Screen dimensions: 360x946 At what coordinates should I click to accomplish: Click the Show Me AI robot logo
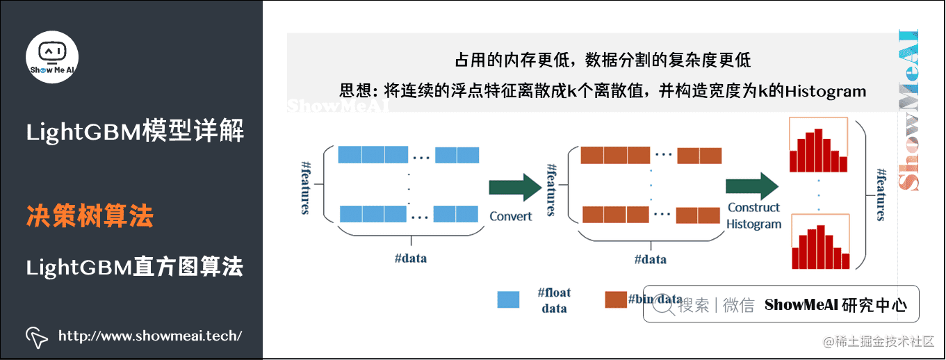(53, 55)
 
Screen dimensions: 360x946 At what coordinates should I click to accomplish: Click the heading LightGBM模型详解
(135, 131)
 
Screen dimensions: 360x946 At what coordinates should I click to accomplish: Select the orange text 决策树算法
(90, 216)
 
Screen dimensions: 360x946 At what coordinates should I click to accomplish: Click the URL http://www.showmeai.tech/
(150, 336)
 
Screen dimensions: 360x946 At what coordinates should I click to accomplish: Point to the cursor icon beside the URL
(37, 336)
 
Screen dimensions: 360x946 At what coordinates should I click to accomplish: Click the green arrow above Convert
(514, 188)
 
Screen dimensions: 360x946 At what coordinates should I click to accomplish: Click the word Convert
(511, 216)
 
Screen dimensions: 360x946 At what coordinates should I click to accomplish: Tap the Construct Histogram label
(754, 215)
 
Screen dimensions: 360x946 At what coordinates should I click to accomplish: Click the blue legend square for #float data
(508, 300)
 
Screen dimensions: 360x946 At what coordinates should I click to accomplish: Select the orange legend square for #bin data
(615, 300)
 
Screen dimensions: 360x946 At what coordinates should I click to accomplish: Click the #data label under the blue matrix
(410, 259)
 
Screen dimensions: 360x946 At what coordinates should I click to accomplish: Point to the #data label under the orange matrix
(650, 259)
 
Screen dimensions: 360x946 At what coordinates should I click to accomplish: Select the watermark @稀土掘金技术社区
(879, 341)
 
